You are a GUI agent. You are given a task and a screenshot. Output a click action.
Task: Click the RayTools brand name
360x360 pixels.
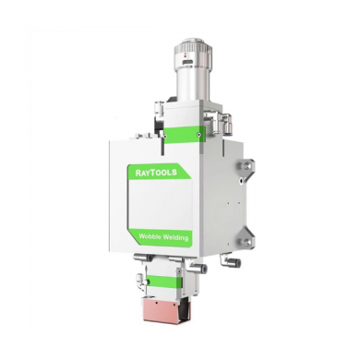point(156,173)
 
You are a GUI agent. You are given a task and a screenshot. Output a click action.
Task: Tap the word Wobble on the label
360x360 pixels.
point(150,236)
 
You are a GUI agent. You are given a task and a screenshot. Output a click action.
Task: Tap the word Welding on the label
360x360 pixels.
point(174,237)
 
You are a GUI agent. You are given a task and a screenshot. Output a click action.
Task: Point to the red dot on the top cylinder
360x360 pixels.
point(185,56)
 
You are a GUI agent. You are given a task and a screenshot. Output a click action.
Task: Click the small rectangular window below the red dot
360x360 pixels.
point(186,63)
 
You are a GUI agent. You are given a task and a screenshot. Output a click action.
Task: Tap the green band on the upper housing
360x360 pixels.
point(184,134)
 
